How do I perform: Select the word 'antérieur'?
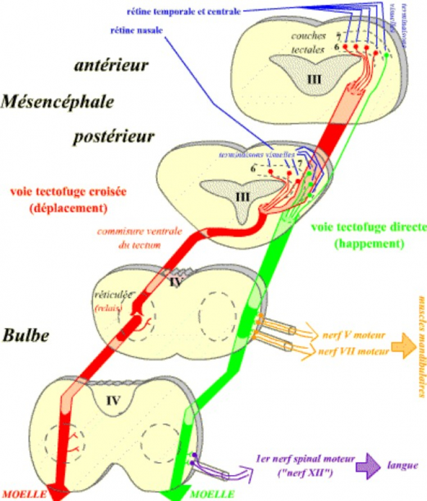111,65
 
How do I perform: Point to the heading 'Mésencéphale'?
58,102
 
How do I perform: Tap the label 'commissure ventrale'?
131,231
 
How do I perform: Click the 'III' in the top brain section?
314,79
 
